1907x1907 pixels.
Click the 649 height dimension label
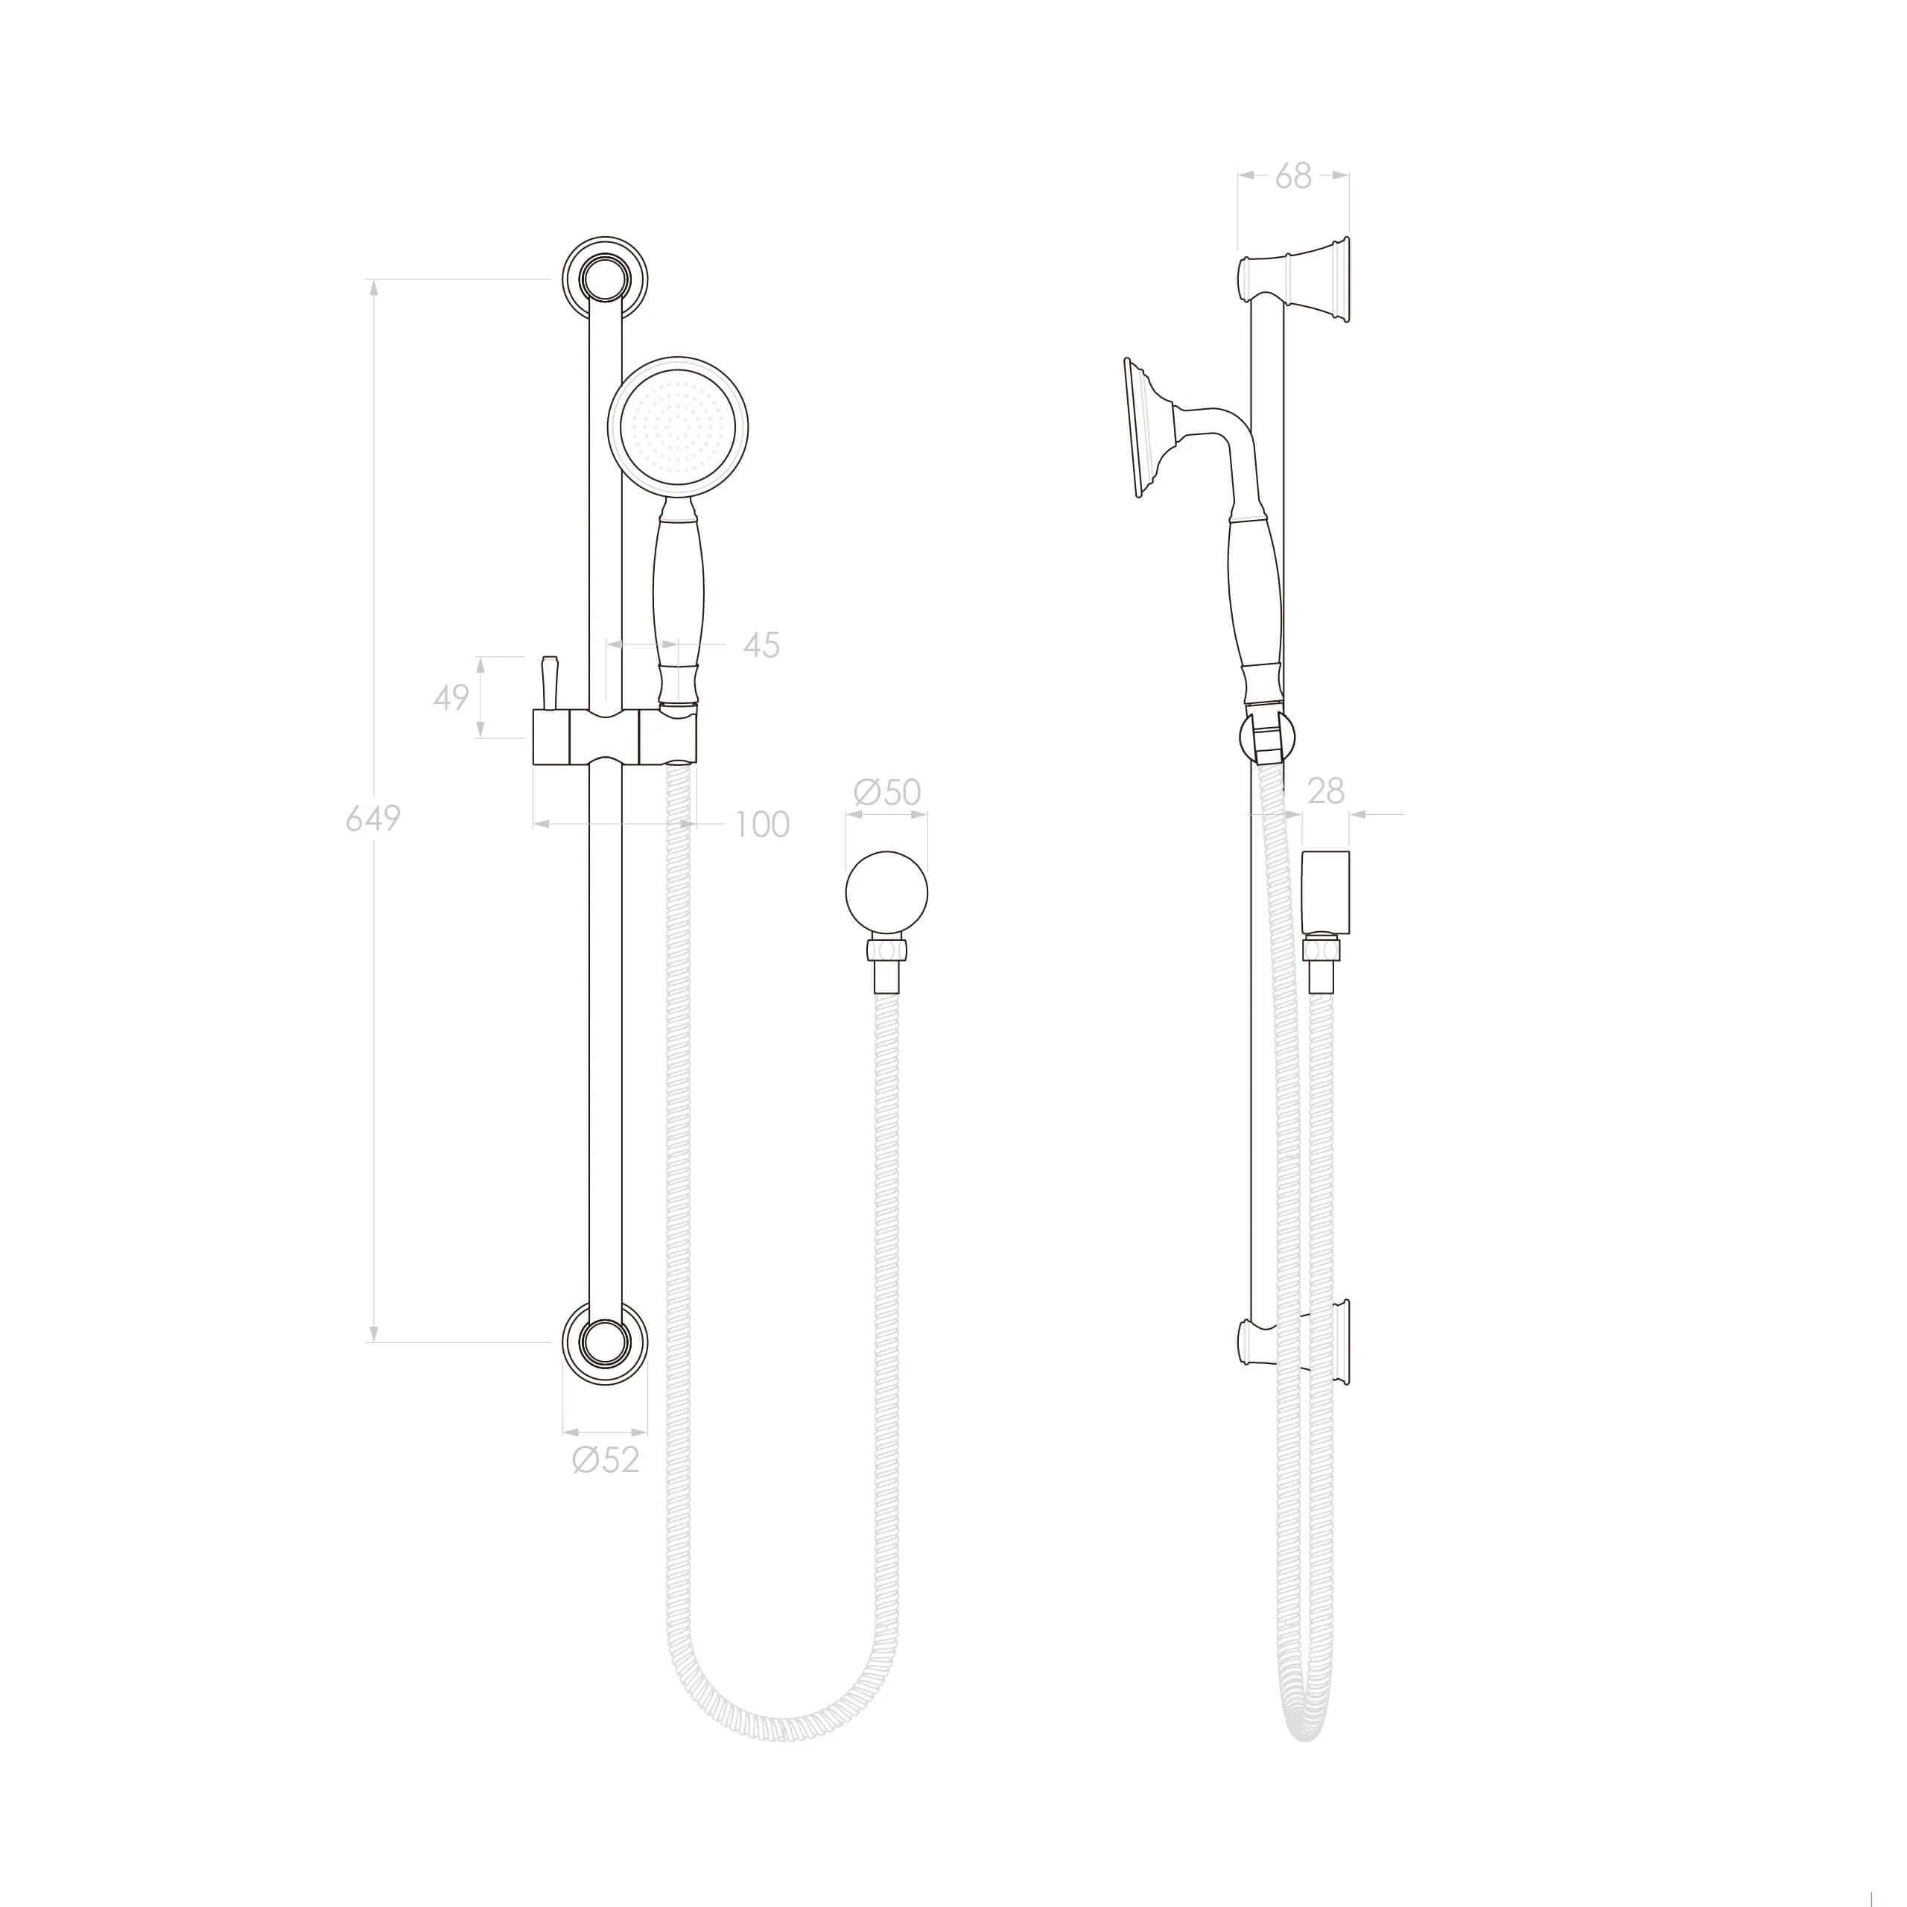[x=373, y=818]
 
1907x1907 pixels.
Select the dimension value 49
[x=451, y=698]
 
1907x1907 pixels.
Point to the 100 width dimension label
[x=762, y=824]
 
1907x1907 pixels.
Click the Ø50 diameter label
[x=886, y=792]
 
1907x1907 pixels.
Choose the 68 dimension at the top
[x=1293, y=176]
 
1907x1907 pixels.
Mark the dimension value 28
[x=1326, y=790]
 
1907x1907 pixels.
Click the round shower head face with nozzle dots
[x=677, y=425]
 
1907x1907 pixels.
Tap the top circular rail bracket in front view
[x=605, y=279]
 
